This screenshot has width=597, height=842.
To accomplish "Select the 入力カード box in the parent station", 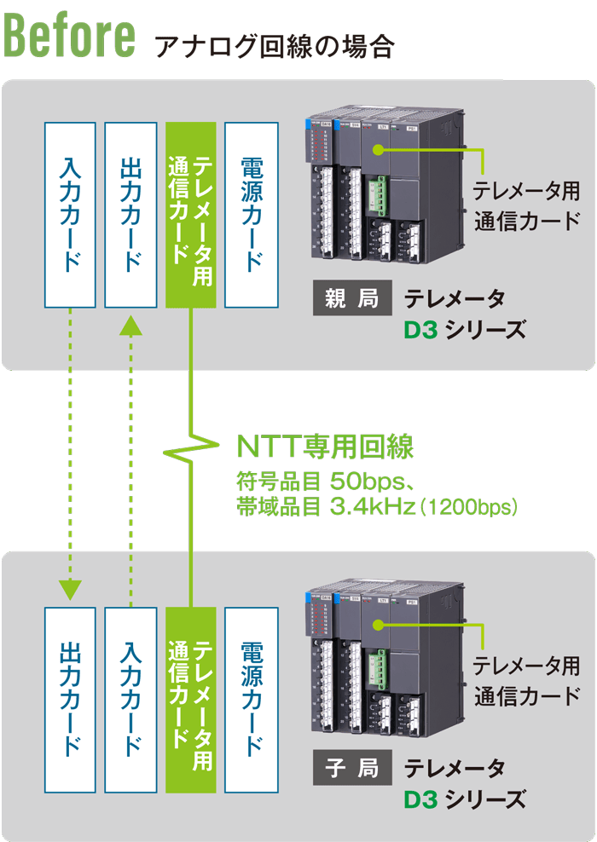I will point(70,214).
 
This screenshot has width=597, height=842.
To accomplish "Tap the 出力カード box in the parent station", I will point(130,214).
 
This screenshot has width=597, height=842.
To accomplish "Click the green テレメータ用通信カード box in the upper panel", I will point(191,214).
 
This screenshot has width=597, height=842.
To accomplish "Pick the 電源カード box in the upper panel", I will point(252,214).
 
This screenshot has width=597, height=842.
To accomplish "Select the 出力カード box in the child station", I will point(70,699).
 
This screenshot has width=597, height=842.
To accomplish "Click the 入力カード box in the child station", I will point(130,699).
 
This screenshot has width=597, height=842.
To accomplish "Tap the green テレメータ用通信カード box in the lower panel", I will point(191,699).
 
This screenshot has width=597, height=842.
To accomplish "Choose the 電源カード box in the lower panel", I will point(252,699).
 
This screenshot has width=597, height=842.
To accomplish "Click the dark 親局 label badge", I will point(351,300).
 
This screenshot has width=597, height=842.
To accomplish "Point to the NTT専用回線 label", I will point(324,447).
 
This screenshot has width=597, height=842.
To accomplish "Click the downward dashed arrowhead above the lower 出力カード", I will point(70,589).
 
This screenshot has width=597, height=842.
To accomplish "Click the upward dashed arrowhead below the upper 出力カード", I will point(130,325).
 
